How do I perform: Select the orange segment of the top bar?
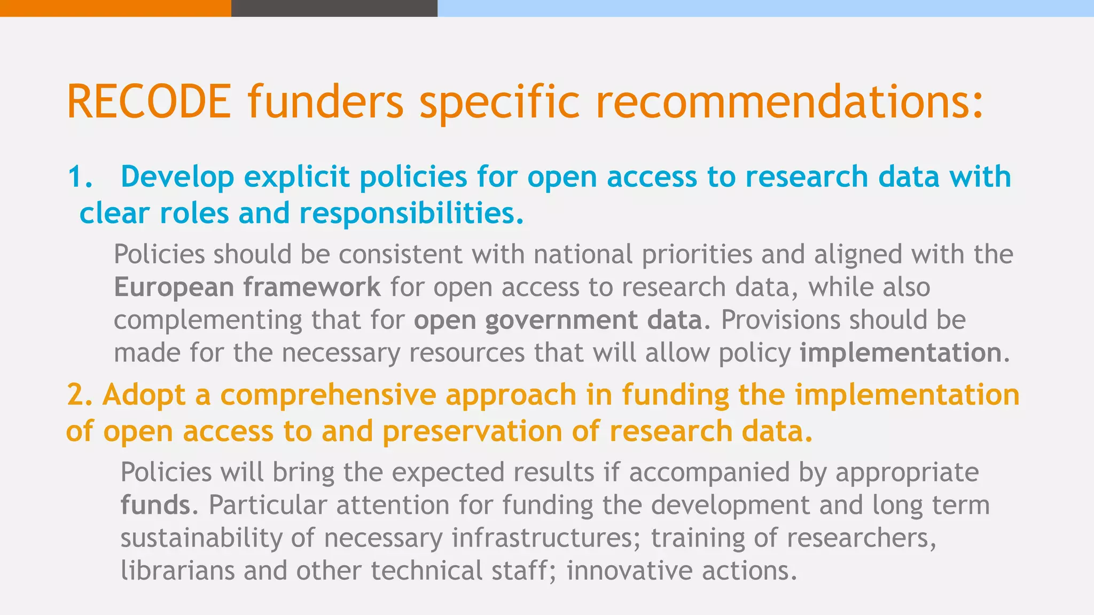[115, 8]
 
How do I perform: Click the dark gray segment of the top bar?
[334, 8]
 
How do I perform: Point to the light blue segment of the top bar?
[765, 8]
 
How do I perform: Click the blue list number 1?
[80, 177]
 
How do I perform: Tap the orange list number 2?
[81, 395]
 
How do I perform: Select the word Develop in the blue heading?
[177, 177]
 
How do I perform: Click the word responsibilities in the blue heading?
[411, 213]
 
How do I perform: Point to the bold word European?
[174, 287]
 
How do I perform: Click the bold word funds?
[155, 504]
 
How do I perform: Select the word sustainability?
[201, 538]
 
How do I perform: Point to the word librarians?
[177, 570]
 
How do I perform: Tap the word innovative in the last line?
[629, 570]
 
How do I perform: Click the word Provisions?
[780, 320]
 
